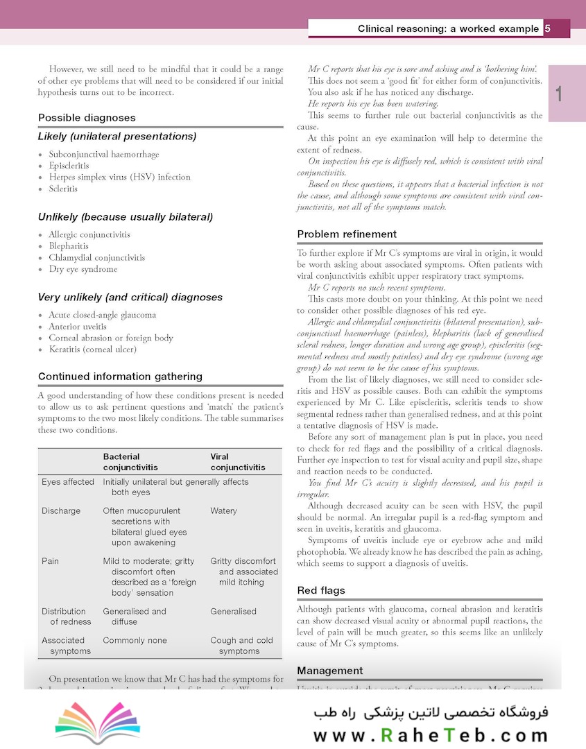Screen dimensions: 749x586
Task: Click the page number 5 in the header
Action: click(548, 28)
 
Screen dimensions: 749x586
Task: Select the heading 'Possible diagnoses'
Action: click(87, 118)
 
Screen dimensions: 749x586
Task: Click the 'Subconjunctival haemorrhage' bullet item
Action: click(104, 154)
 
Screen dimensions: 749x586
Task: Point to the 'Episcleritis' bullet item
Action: click(69, 166)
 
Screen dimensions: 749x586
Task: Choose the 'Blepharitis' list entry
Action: click(69, 246)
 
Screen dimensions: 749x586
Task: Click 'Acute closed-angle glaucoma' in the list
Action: click(102, 315)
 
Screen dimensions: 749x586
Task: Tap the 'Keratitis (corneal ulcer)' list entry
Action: click(92, 350)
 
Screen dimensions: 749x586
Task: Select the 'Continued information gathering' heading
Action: click(120, 377)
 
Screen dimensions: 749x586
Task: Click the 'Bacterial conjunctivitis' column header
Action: click(130, 462)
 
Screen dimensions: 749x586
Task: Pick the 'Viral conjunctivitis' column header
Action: click(238, 462)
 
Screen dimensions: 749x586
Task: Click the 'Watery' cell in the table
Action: click(223, 511)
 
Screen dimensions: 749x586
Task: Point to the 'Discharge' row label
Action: click(61, 511)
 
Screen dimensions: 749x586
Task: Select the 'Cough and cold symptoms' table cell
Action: click(241, 646)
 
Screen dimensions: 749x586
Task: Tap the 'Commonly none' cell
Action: click(135, 641)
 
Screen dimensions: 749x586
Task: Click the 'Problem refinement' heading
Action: click(347, 234)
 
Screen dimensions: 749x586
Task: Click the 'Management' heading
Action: click(329, 671)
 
